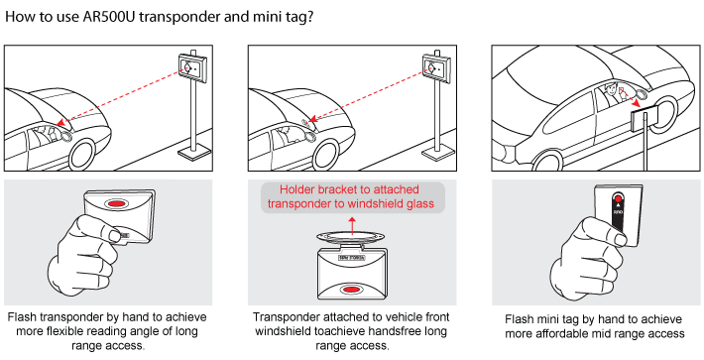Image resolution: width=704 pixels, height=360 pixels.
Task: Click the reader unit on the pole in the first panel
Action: tap(192, 67)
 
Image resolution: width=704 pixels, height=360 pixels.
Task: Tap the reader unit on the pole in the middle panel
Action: tap(436, 67)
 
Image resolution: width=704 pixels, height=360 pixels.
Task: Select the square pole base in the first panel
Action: tap(194, 153)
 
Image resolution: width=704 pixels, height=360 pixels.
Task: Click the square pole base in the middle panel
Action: tap(438, 153)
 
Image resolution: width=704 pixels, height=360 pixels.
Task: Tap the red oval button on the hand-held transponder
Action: tap(117, 203)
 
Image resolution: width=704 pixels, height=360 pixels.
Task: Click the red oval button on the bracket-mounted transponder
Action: tap(351, 289)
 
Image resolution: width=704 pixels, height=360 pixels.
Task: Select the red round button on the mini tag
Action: tap(619, 199)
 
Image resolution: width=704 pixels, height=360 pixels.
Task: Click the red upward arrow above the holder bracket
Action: tap(352, 226)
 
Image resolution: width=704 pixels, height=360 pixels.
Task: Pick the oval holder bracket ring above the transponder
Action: tap(352, 237)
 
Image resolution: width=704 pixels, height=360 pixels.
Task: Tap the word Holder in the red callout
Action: tap(295, 189)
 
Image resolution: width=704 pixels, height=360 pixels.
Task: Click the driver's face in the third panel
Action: tap(610, 91)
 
